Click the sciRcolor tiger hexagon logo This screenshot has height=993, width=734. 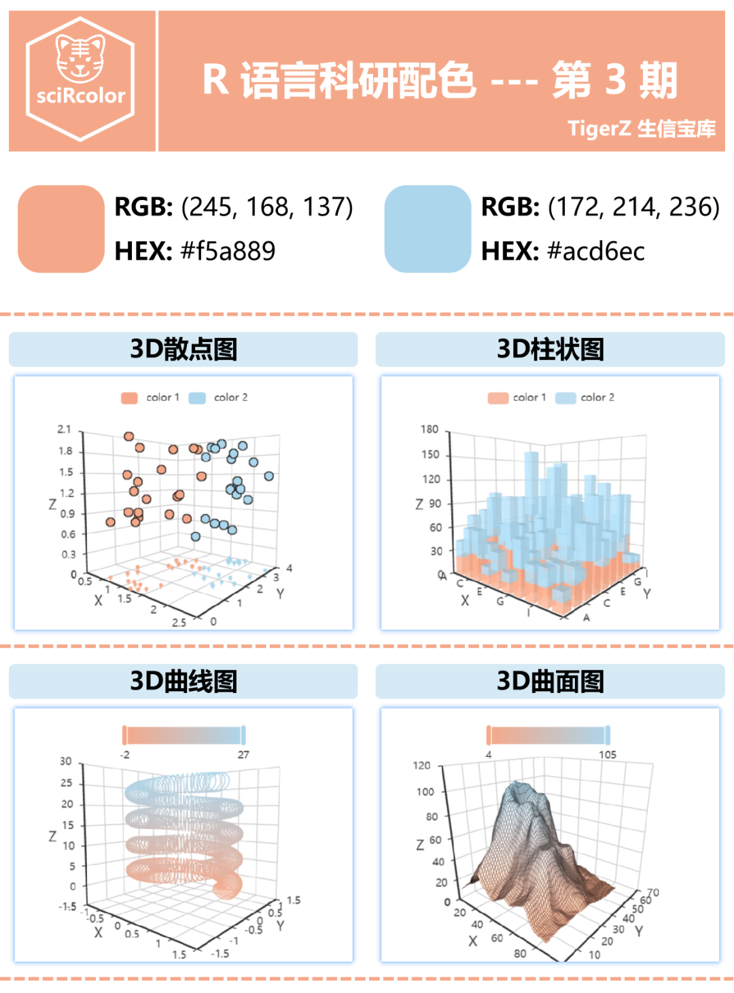pyautogui.click(x=80, y=79)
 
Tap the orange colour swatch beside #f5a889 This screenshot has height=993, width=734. pyautogui.click(x=61, y=229)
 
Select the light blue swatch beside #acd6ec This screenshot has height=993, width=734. pyautogui.click(x=427, y=229)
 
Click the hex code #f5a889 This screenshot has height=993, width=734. pyautogui.click(x=228, y=251)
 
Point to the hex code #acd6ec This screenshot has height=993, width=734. pyautogui.click(x=595, y=251)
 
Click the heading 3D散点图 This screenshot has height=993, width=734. pyautogui.click(x=183, y=349)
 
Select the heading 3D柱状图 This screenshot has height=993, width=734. pyautogui.click(x=550, y=349)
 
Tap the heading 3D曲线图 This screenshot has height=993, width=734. pyautogui.click(x=183, y=681)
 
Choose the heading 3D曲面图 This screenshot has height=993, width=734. pyautogui.click(x=550, y=681)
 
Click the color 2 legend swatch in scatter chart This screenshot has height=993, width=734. pyautogui.click(x=197, y=398)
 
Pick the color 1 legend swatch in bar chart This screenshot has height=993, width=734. pyautogui.click(x=497, y=398)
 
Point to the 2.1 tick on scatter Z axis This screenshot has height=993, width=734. pyautogui.click(x=64, y=429)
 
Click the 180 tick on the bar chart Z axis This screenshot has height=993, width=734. pyautogui.click(x=430, y=429)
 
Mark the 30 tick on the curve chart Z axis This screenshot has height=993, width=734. pyautogui.click(x=65, y=761)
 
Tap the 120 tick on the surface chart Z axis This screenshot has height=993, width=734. pyautogui.click(x=421, y=765)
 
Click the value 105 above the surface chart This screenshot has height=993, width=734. pyautogui.click(x=607, y=754)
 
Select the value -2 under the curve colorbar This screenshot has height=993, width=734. pyautogui.click(x=125, y=754)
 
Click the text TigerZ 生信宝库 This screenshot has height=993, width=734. pyautogui.click(x=641, y=128)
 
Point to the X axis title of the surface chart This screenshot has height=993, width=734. pyautogui.click(x=472, y=941)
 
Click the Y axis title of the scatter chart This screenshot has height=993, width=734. pyautogui.click(x=280, y=594)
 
